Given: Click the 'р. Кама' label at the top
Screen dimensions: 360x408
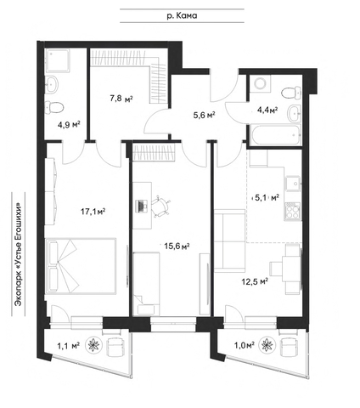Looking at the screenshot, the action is [182, 16].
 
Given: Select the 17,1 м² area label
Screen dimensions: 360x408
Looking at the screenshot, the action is [93, 212].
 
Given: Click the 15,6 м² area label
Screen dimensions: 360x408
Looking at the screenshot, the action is [177, 246].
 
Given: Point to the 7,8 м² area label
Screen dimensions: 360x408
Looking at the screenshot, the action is [121, 99].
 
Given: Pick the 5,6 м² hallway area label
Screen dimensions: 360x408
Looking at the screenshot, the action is [203, 115].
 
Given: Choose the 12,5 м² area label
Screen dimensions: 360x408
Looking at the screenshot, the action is [255, 281].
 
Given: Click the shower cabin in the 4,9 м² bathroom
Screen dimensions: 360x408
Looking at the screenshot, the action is [58, 60].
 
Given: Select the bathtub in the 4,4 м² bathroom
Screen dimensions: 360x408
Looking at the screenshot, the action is [274, 135].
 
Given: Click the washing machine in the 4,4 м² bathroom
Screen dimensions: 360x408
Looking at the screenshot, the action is [260, 83].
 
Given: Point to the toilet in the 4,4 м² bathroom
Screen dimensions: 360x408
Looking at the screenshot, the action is [291, 93].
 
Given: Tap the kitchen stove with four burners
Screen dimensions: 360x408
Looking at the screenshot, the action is [293, 212].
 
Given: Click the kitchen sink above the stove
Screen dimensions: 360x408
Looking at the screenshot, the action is [293, 183].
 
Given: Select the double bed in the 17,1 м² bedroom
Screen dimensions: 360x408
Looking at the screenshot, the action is [81, 266].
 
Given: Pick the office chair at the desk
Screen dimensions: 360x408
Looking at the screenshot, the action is [160, 206].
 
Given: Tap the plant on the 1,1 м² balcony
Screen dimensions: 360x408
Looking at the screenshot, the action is [93, 345].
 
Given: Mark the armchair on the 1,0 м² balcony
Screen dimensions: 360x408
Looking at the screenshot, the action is [289, 347].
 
